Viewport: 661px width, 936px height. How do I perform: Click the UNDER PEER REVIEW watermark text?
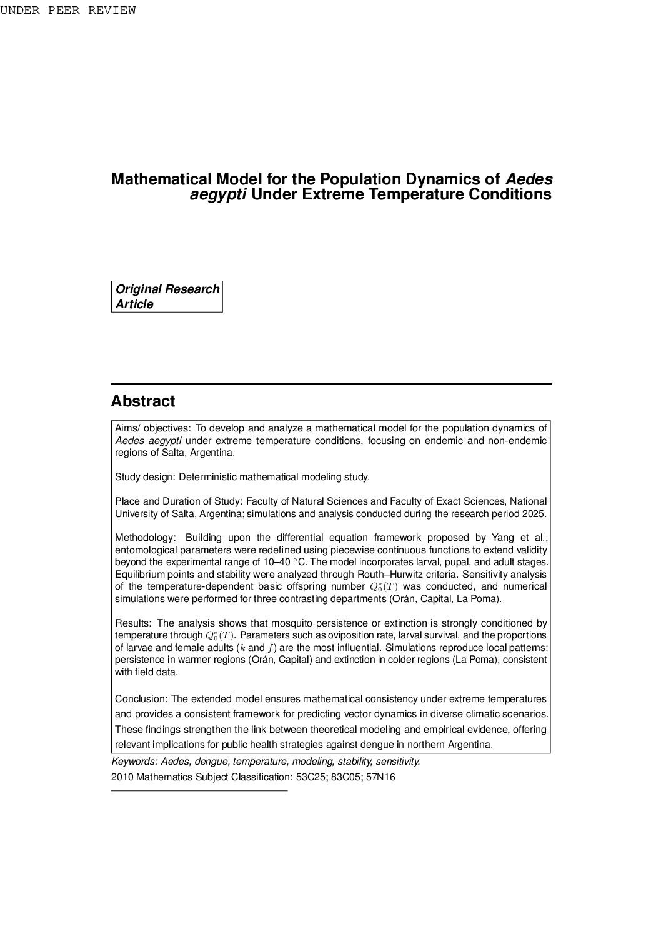pyautogui.click(x=67, y=11)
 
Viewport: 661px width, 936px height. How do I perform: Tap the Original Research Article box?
pyautogui.click(x=167, y=296)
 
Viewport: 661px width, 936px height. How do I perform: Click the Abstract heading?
pyautogui.click(x=143, y=401)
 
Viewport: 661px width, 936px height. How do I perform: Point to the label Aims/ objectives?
pyautogui.click(x=152, y=428)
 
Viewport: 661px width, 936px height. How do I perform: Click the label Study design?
pyautogui.click(x=145, y=477)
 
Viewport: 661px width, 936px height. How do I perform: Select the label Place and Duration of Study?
pyautogui.click(x=179, y=501)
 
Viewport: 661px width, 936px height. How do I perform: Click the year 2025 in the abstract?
pyautogui.click(x=535, y=514)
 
